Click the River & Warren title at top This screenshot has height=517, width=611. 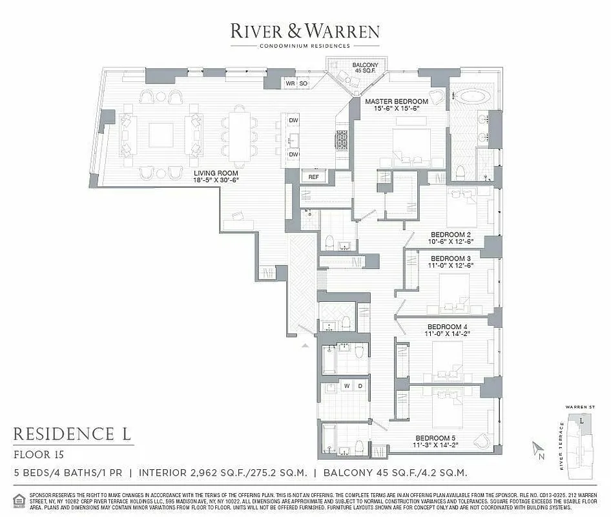click(305, 30)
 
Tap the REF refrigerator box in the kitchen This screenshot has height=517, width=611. click(313, 177)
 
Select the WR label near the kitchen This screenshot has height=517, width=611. click(291, 83)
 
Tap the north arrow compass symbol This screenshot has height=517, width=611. click(537, 450)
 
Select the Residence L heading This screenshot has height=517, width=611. click(73, 433)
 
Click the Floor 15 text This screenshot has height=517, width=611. click(36, 454)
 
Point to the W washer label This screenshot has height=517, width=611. click(347, 386)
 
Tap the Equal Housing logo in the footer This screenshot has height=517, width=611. click(20, 499)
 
